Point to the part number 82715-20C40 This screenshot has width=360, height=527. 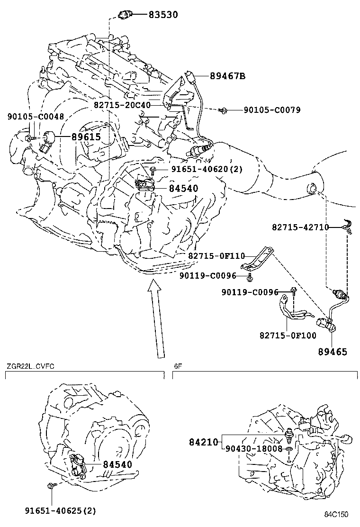click(122, 105)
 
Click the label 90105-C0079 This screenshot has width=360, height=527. click(272, 110)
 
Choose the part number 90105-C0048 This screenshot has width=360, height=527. click(29, 116)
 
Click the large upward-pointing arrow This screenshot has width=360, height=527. click(157, 318)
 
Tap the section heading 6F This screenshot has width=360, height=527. click(177, 365)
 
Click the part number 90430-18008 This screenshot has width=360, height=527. click(254, 448)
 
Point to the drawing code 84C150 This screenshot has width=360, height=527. click(336, 514)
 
